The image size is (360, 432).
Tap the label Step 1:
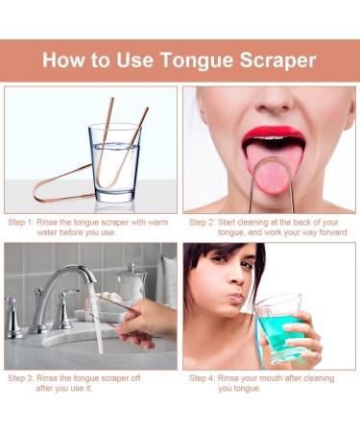[x=25, y=222]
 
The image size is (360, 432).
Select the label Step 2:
[x=205, y=222]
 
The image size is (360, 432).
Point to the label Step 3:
[x=25, y=377]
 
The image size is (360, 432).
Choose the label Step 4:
[x=205, y=377]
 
